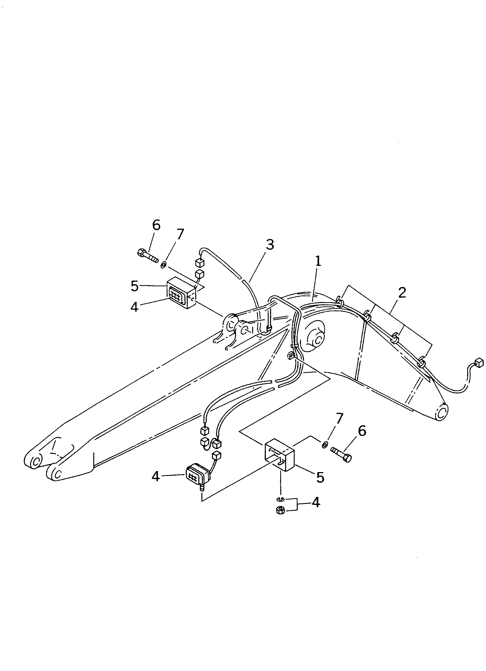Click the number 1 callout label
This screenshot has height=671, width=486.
click(x=317, y=261)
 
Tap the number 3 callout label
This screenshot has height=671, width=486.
click(x=269, y=245)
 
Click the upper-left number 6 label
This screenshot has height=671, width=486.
click(x=156, y=225)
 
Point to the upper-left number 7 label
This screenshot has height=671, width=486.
click(x=180, y=234)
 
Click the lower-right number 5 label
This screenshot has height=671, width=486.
click(x=320, y=477)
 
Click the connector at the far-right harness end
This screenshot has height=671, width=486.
click(x=478, y=362)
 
